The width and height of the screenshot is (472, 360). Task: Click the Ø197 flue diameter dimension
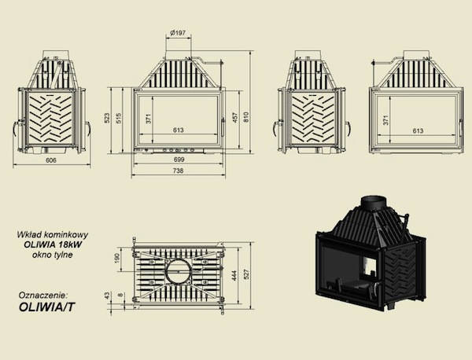(178, 33)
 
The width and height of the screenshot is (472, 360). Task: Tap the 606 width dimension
(51, 160)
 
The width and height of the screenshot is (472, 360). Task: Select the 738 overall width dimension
(179, 171)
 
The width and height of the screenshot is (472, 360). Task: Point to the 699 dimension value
(179, 160)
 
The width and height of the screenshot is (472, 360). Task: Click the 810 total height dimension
(246, 117)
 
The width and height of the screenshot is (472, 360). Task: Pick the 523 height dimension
(107, 118)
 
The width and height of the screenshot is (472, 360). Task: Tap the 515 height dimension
(118, 118)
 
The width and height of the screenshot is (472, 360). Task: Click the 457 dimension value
(235, 118)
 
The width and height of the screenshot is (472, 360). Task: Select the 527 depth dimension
(246, 274)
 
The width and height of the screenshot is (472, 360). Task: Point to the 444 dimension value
(235, 275)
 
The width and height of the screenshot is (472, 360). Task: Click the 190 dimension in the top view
(117, 258)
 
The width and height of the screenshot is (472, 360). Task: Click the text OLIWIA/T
(46, 307)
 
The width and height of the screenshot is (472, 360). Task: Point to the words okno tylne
(53, 255)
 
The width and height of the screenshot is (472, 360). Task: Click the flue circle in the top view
(179, 270)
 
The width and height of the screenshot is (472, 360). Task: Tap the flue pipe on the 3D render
(374, 204)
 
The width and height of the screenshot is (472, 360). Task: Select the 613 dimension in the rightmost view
(418, 130)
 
